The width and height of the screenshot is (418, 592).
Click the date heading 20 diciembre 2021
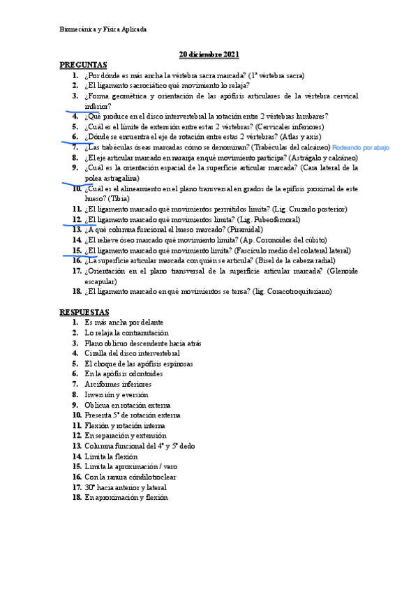tap(209, 54)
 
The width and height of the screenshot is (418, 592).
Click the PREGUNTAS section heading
tap(83, 64)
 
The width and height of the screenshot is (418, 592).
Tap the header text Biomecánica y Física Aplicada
tap(103, 29)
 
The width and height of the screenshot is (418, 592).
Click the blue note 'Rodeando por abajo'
tap(361, 148)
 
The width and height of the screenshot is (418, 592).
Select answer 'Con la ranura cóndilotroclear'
tap(130, 477)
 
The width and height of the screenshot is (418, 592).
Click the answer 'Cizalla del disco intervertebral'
tap(132, 353)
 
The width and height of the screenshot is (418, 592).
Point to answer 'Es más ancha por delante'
tap(124, 323)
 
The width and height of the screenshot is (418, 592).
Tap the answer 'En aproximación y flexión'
tap(126, 498)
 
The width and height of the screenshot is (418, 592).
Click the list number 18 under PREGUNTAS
tap(77, 292)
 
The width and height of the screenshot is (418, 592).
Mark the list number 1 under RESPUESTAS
tap(77, 323)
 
